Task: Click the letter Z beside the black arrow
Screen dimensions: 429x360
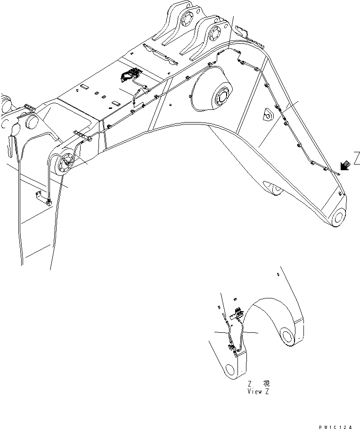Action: [357, 159]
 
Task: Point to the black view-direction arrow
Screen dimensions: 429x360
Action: [345, 165]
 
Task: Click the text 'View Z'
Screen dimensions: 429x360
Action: [258, 391]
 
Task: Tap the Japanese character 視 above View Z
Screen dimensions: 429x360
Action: [267, 384]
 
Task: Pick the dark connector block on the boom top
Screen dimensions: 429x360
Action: [131, 74]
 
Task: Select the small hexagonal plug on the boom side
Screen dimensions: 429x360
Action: [268, 114]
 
